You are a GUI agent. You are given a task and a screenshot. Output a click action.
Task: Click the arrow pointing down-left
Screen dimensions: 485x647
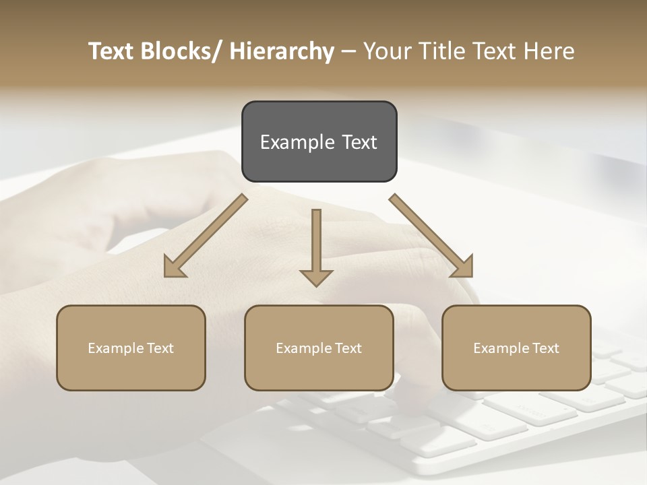(206, 236)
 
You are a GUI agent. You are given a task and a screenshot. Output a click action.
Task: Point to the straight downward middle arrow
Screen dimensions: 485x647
(316, 247)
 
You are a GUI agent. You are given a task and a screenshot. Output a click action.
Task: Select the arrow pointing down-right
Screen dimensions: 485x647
(431, 236)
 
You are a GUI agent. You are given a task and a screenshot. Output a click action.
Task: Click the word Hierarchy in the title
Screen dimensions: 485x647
(282, 51)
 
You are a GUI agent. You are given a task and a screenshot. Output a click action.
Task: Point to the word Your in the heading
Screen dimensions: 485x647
(386, 51)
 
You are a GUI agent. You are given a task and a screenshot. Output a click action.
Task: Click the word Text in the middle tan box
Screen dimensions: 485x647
(348, 348)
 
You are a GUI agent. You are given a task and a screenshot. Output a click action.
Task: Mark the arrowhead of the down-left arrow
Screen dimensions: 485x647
(174, 267)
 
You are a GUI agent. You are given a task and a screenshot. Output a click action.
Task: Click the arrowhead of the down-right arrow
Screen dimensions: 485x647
(462, 267)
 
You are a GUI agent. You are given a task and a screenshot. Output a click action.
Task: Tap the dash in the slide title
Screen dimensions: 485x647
(348, 51)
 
